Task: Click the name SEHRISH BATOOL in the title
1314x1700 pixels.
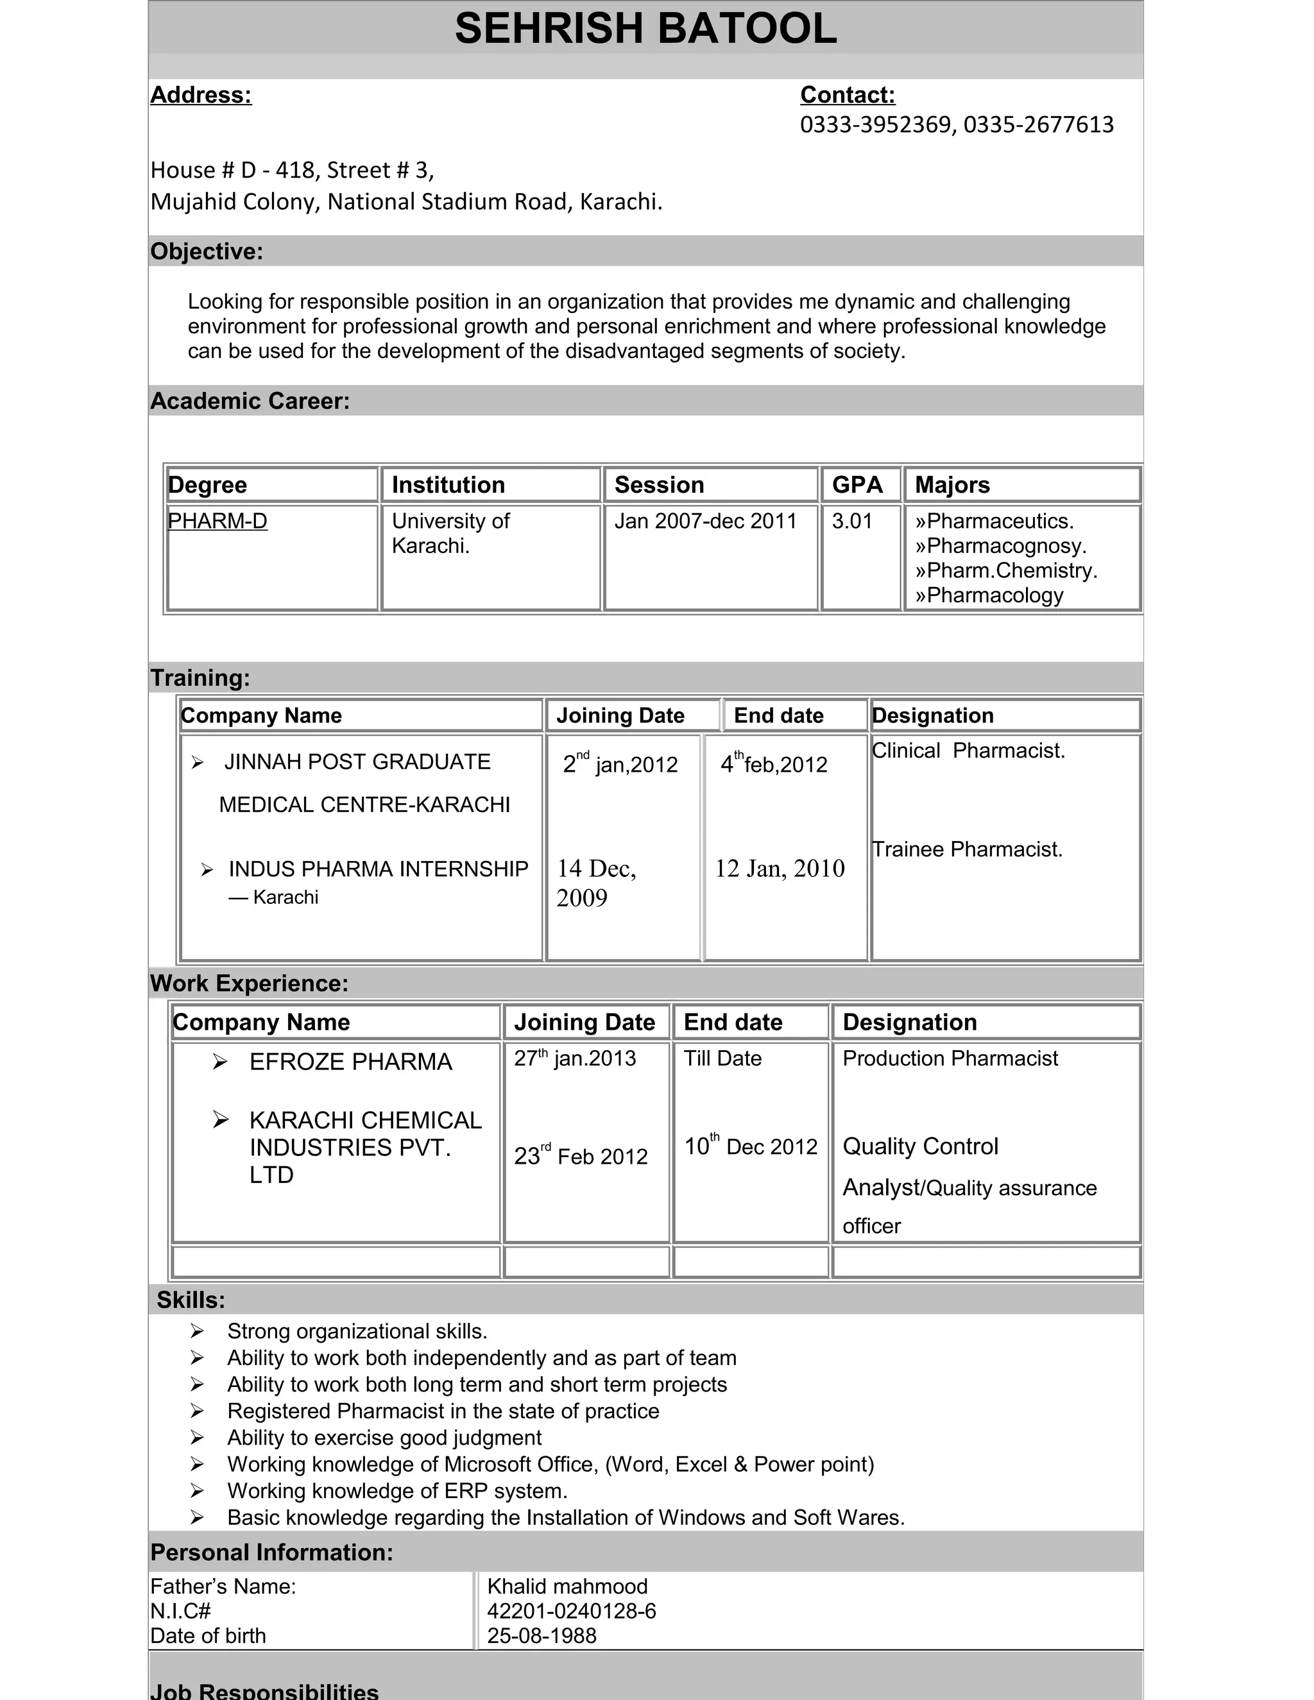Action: [x=645, y=29]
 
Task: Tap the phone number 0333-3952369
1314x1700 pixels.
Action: [x=876, y=124]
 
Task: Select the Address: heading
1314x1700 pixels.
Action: [x=201, y=95]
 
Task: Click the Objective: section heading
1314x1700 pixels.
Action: [x=207, y=251]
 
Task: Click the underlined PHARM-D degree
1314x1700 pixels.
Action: [x=218, y=521]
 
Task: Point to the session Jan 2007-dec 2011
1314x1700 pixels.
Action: [x=705, y=521]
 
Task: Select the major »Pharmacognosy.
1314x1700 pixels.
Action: [x=1000, y=546]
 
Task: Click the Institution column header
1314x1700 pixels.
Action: [x=448, y=485]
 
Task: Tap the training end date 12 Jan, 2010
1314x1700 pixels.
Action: [x=779, y=869]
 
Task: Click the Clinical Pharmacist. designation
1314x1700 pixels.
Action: [x=968, y=751]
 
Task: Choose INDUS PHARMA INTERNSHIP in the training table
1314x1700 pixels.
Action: [x=379, y=869]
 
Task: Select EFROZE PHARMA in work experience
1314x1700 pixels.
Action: [x=350, y=1062]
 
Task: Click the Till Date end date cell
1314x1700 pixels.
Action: [x=722, y=1058]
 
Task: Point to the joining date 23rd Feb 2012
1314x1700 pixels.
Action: [x=581, y=1156]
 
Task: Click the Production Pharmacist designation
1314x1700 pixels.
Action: [x=950, y=1058]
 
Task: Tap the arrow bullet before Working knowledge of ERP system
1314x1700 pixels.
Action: [x=197, y=1491]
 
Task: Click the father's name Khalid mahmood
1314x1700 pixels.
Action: [x=567, y=1586]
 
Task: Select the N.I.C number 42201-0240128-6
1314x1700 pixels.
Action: [x=572, y=1611]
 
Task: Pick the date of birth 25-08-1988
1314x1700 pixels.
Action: [x=542, y=1636]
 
